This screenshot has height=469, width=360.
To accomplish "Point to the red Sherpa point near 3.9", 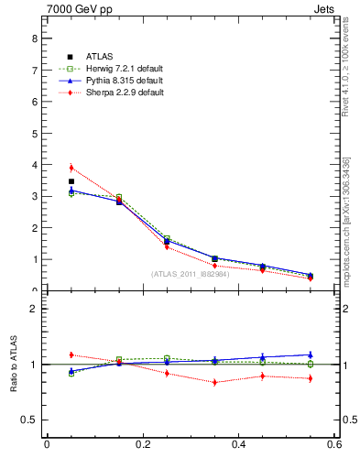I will pyautogui.click(x=71, y=168).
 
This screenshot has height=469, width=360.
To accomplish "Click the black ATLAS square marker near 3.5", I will pyautogui.click(x=71, y=181).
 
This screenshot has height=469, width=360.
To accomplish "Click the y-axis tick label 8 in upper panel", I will pyautogui.click(x=34, y=38).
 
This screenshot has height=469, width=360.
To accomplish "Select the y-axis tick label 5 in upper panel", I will pyautogui.click(x=34, y=134).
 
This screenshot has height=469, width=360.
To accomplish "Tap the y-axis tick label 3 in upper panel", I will pyautogui.click(x=34, y=196).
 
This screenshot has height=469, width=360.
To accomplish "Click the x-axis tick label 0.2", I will pyautogui.click(x=142, y=446).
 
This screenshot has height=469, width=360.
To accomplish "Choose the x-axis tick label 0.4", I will pyautogui.click(x=238, y=446).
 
